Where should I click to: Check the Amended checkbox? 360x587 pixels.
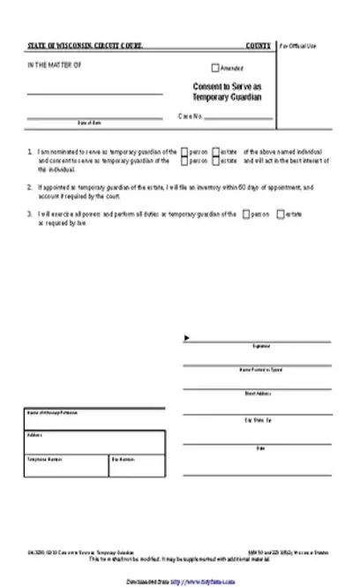pos(215,68)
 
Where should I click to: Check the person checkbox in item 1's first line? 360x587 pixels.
pos(184,152)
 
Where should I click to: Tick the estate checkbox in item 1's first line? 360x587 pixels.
pos(215,152)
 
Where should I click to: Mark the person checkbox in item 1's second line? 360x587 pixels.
pos(184,161)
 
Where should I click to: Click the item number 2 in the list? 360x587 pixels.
pos(29,187)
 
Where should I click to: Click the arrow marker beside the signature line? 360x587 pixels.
pos(186,336)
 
